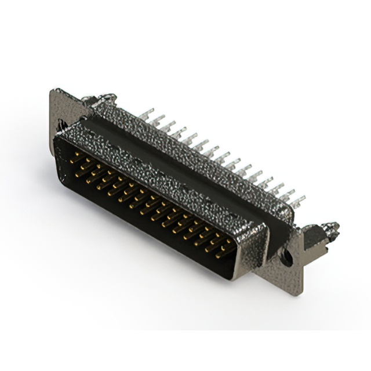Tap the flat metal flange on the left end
point(61,110)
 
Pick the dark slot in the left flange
point(60,126)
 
